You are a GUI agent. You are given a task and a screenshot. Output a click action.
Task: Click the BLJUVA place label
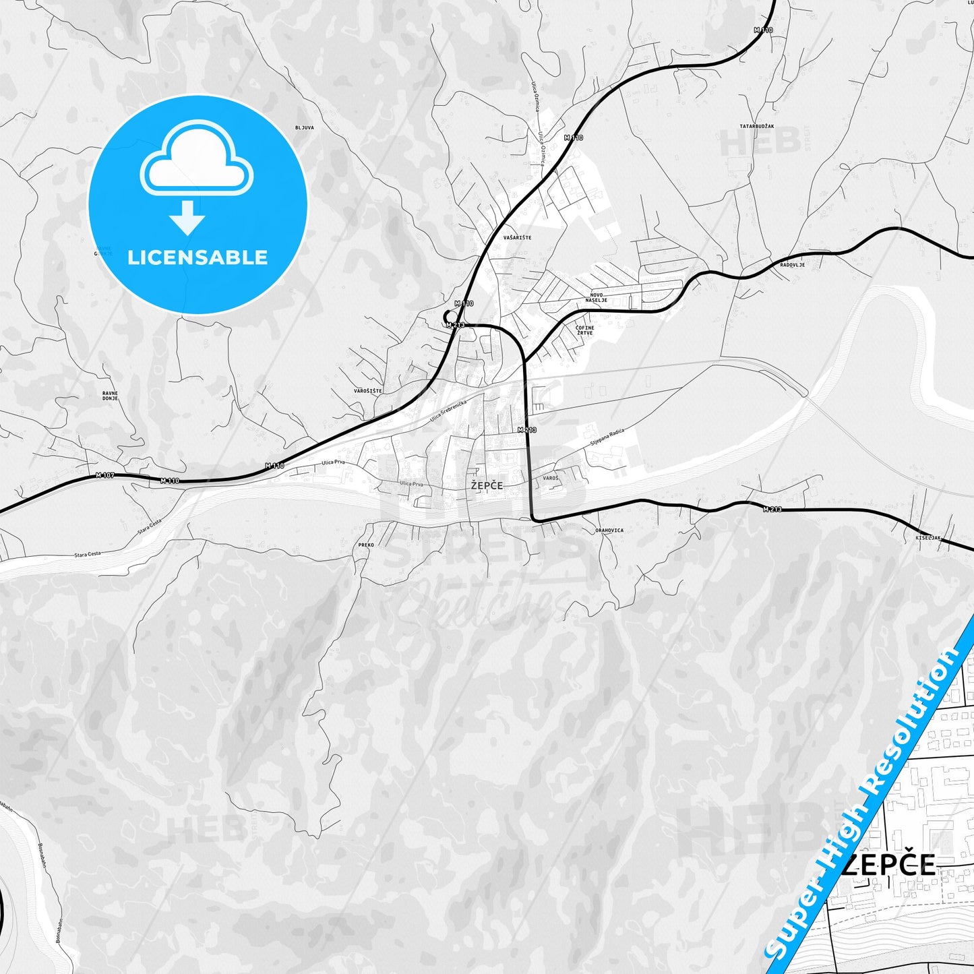coord(305,127)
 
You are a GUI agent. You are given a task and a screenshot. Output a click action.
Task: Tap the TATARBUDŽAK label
coord(757,126)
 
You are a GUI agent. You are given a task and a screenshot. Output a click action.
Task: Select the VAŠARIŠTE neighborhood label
coord(517,237)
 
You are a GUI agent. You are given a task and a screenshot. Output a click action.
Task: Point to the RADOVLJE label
coord(792,265)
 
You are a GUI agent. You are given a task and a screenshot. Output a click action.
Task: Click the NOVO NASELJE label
coord(599,297)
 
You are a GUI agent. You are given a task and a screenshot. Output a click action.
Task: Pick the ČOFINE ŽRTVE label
coord(584,330)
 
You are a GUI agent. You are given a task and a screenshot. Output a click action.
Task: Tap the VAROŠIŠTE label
coord(368,391)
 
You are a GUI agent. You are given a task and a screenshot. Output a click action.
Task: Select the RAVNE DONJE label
coord(110,396)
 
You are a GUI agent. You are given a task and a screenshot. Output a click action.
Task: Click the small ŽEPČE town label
coord(487,485)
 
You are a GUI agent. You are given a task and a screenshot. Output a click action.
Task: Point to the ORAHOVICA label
coord(609,530)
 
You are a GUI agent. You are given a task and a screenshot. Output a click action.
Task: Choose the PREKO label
coord(366,545)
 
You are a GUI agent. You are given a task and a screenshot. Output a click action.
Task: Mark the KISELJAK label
coord(927,537)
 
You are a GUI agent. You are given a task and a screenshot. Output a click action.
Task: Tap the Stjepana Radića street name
coord(607,436)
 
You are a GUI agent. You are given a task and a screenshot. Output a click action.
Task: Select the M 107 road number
coord(105,475)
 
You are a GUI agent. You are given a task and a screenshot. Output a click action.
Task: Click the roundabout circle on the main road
coord(450,316)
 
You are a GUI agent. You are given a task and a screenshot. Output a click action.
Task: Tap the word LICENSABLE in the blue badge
coord(197,257)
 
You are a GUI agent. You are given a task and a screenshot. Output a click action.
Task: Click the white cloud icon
coord(196,159)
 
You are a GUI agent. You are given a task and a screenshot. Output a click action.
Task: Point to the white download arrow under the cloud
coord(187,218)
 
